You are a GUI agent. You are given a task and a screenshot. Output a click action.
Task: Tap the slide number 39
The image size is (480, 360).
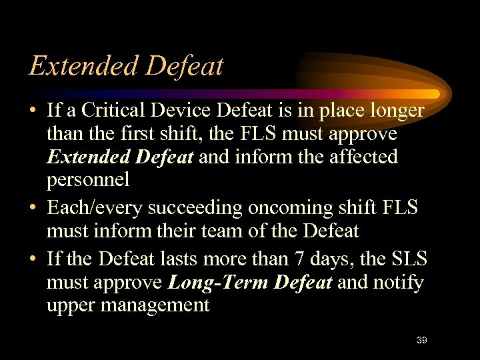421,340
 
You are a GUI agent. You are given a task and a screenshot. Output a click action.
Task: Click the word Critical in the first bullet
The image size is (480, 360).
127,110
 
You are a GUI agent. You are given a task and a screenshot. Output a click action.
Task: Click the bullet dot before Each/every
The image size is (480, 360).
33,207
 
